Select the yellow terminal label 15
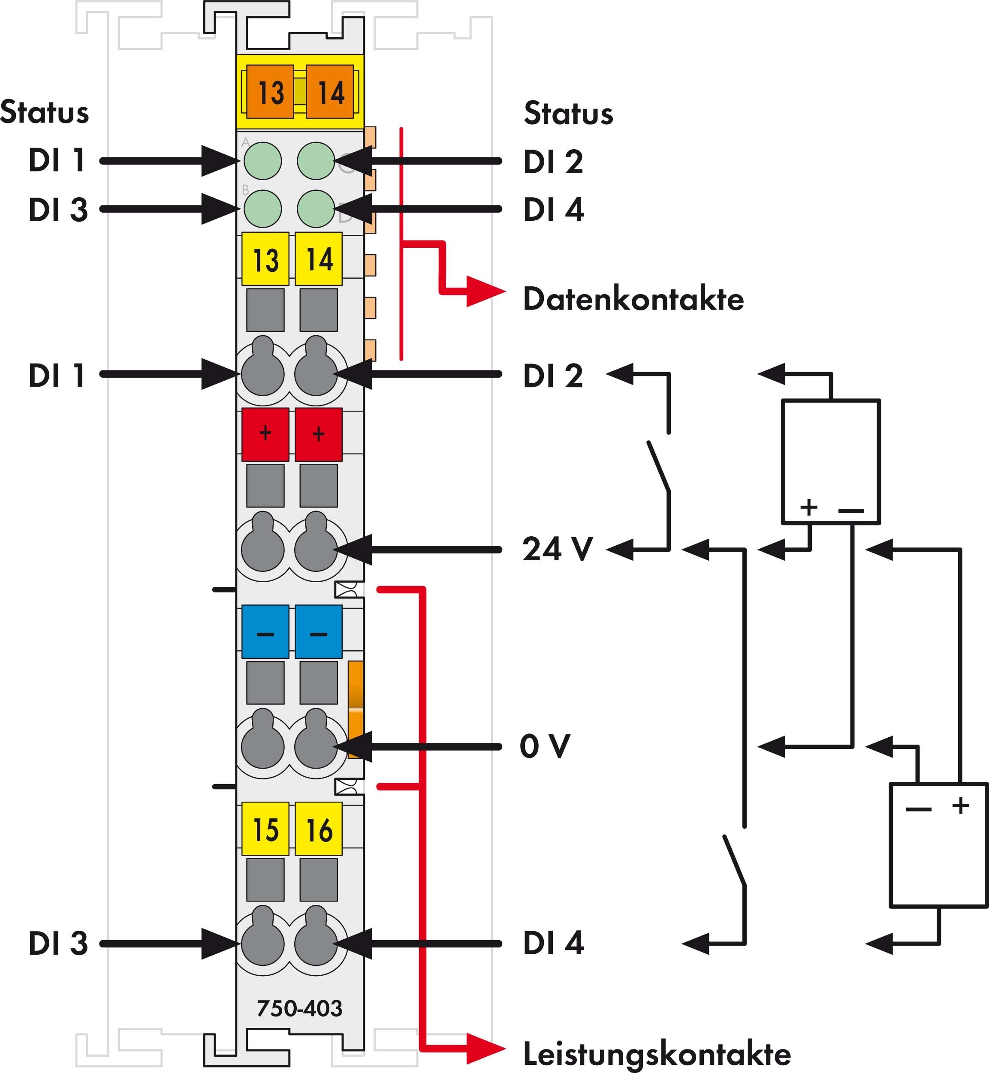pos(265,829)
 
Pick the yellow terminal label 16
pos(318,829)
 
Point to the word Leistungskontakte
pos(657,1054)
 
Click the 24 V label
pos(557,549)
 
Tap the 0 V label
pos(545,746)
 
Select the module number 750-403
pos(299,1008)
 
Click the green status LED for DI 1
pos(262,160)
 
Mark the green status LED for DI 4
pos(316,209)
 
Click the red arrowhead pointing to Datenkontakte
pos(484,292)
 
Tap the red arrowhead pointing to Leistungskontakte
pos(484,1049)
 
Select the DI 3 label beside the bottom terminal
pos(58,943)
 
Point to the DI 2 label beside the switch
pos(553,376)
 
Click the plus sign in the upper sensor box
pos(808,507)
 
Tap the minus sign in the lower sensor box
pos(918,809)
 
